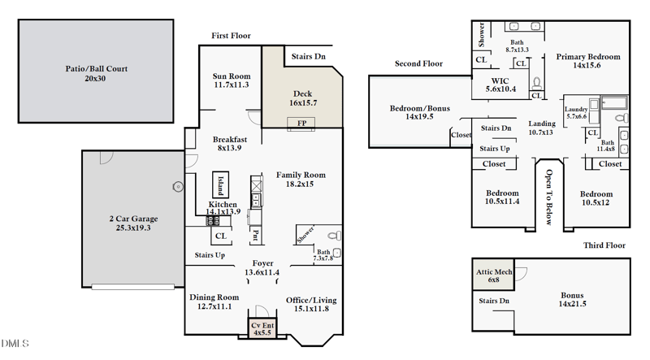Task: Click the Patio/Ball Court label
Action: point(96,69)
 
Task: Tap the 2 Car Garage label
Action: point(133,219)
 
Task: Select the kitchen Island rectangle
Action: point(220,184)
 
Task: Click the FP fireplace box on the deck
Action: point(301,124)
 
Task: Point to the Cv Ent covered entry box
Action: point(262,328)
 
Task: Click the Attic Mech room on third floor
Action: point(493,275)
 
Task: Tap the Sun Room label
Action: point(232,76)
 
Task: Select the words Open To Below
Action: point(549,197)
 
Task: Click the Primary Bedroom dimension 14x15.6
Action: point(587,65)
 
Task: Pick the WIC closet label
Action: point(500,81)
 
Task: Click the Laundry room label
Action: point(576,109)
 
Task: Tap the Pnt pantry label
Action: point(256,235)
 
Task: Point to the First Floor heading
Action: point(231,36)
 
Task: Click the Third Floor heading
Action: point(604,245)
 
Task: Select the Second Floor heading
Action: point(418,63)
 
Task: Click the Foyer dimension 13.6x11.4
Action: point(262,272)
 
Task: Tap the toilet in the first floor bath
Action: point(335,236)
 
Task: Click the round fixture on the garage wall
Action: point(178,187)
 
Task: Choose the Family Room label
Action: point(301,175)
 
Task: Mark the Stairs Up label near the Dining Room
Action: point(210,255)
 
